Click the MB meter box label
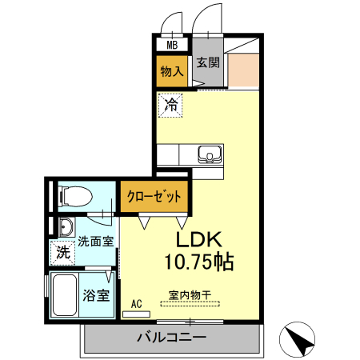point(172,45)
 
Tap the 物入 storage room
point(172,71)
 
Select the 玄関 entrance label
point(208,62)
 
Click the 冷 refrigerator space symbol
point(170,105)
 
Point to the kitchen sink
point(210,154)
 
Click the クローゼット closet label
point(154,197)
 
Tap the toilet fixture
point(74,197)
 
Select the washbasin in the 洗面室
point(66,227)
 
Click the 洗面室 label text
point(96,242)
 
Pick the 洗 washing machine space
point(63,253)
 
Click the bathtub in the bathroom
point(65,294)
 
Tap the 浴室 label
point(96,295)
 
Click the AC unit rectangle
point(136,314)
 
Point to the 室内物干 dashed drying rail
point(190,303)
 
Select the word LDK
point(199,239)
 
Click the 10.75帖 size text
point(199,262)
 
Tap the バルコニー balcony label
point(172,338)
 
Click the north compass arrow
point(301,342)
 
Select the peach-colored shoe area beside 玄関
point(244,70)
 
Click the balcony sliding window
point(190,322)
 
